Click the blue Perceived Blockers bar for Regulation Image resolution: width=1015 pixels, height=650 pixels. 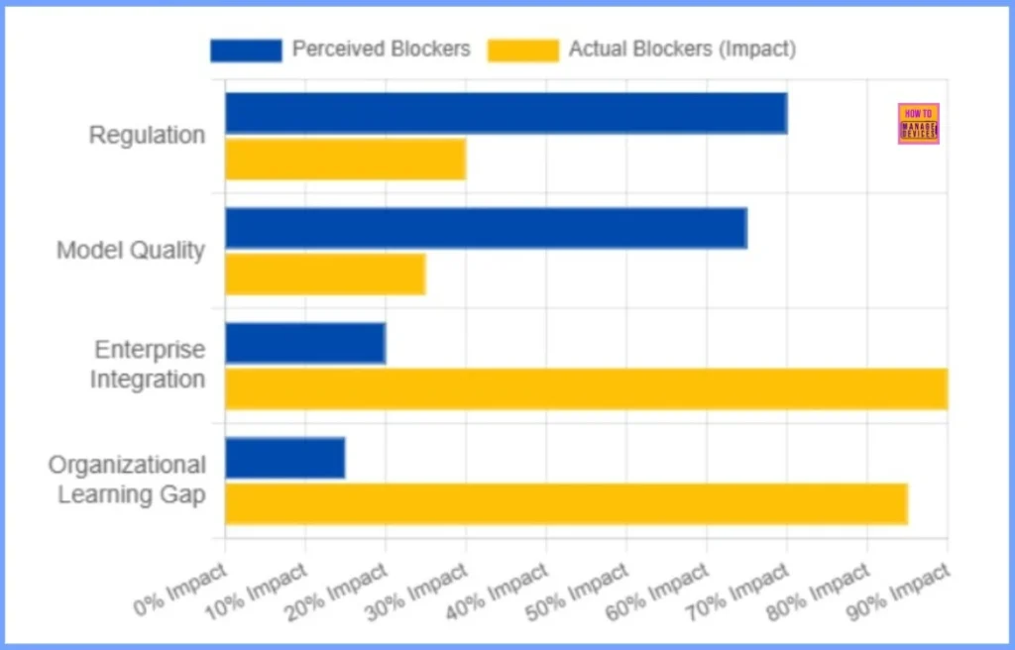(x=506, y=113)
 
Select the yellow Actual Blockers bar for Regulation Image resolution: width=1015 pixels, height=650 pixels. (x=345, y=160)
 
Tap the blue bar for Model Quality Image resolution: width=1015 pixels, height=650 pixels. (x=486, y=228)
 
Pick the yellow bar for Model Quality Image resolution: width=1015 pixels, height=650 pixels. (x=325, y=274)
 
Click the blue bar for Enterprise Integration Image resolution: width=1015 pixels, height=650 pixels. (x=305, y=343)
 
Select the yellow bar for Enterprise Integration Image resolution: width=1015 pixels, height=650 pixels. (x=586, y=388)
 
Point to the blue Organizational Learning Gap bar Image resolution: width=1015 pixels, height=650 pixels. (x=284, y=458)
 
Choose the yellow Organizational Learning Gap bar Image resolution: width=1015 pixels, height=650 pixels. (x=566, y=503)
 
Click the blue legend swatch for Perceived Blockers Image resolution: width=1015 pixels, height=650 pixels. (x=246, y=50)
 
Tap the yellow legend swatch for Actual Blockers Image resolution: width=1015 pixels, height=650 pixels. (x=522, y=50)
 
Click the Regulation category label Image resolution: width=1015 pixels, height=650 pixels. (x=147, y=136)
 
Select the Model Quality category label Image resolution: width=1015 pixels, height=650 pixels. (x=131, y=251)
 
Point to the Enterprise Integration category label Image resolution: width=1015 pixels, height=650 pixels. (x=149, y=365)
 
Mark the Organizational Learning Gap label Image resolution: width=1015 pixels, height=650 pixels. (x=127, y=480)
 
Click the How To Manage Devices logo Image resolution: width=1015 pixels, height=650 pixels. (x=918, y=124)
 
